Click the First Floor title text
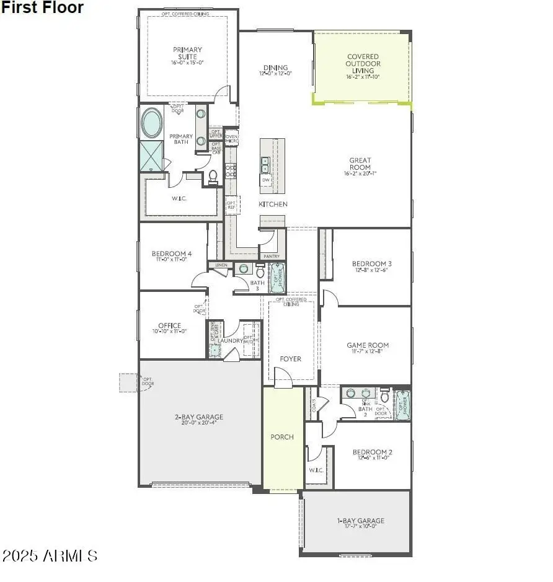[42, 8]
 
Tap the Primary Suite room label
[187, 53]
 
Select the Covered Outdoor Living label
[363, 64]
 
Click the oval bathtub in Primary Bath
[152, 123]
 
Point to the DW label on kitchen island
[266, 180]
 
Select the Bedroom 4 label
[172, 254]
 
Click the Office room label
[170, 325]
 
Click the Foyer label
[290, 359]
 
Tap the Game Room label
[368, 345]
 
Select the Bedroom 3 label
[372, 263]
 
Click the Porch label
[282, 437]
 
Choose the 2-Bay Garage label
[198, 417]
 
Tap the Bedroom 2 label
[373, 452]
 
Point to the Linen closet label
[221, 265]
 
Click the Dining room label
[275, 68]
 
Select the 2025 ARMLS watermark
[50, 555]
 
